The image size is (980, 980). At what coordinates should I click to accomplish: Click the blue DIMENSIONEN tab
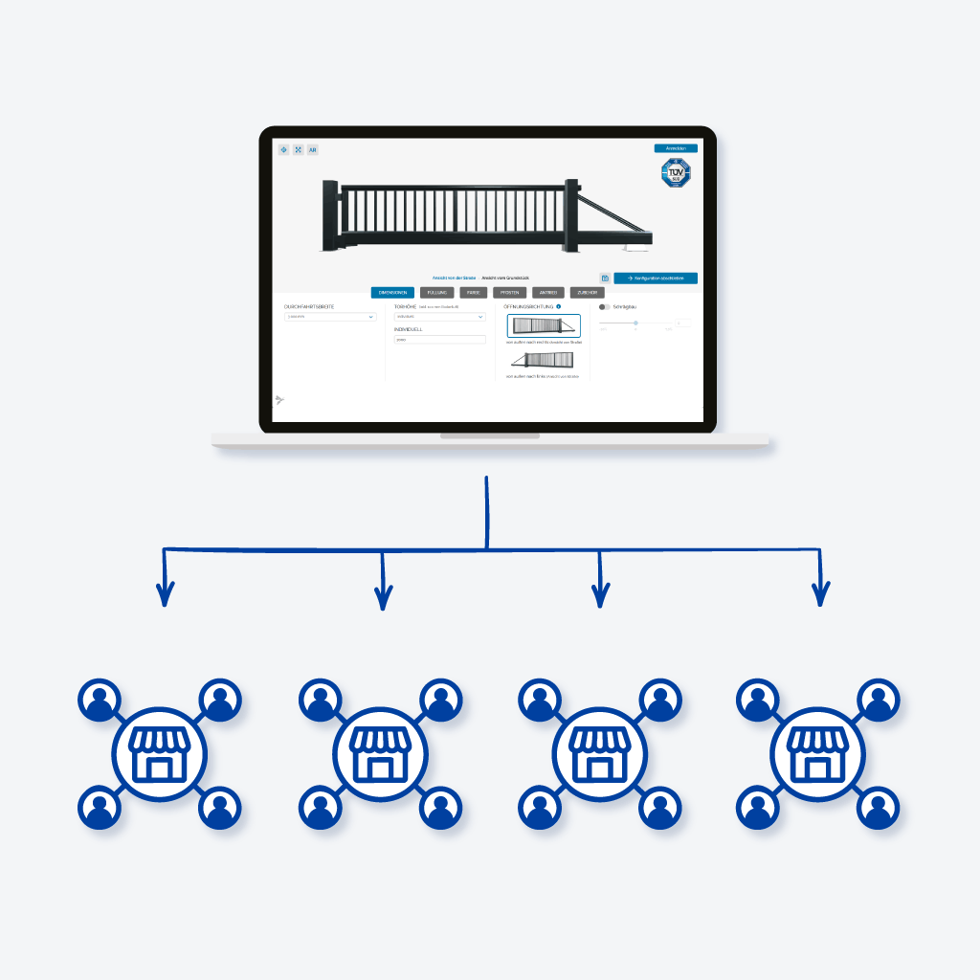(393, 293)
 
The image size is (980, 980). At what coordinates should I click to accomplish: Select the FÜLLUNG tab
(437, 293)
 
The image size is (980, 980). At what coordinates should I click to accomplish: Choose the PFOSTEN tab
(509, 293)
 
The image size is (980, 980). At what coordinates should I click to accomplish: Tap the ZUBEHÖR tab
(587, 293)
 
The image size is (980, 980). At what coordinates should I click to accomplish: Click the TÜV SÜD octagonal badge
(677, 173)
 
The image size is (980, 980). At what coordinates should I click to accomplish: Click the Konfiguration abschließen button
(656, 278)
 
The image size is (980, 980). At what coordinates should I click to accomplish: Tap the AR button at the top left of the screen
(312, 150)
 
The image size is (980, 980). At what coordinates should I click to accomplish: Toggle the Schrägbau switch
(604, 307)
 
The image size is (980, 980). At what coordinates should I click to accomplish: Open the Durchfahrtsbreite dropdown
(330, 317)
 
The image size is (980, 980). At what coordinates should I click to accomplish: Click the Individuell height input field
(439, 339)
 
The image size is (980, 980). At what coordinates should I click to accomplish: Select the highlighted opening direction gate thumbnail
(543, 325)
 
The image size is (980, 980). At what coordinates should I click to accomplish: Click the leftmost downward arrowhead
(166, 597)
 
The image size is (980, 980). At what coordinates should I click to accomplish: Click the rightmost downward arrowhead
(819, 597)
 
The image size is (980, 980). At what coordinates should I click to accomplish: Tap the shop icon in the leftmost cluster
(159, 754)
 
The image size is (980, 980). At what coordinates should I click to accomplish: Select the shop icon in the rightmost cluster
(817, 754)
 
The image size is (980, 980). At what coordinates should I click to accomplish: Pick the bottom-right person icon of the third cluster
(658, 809)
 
